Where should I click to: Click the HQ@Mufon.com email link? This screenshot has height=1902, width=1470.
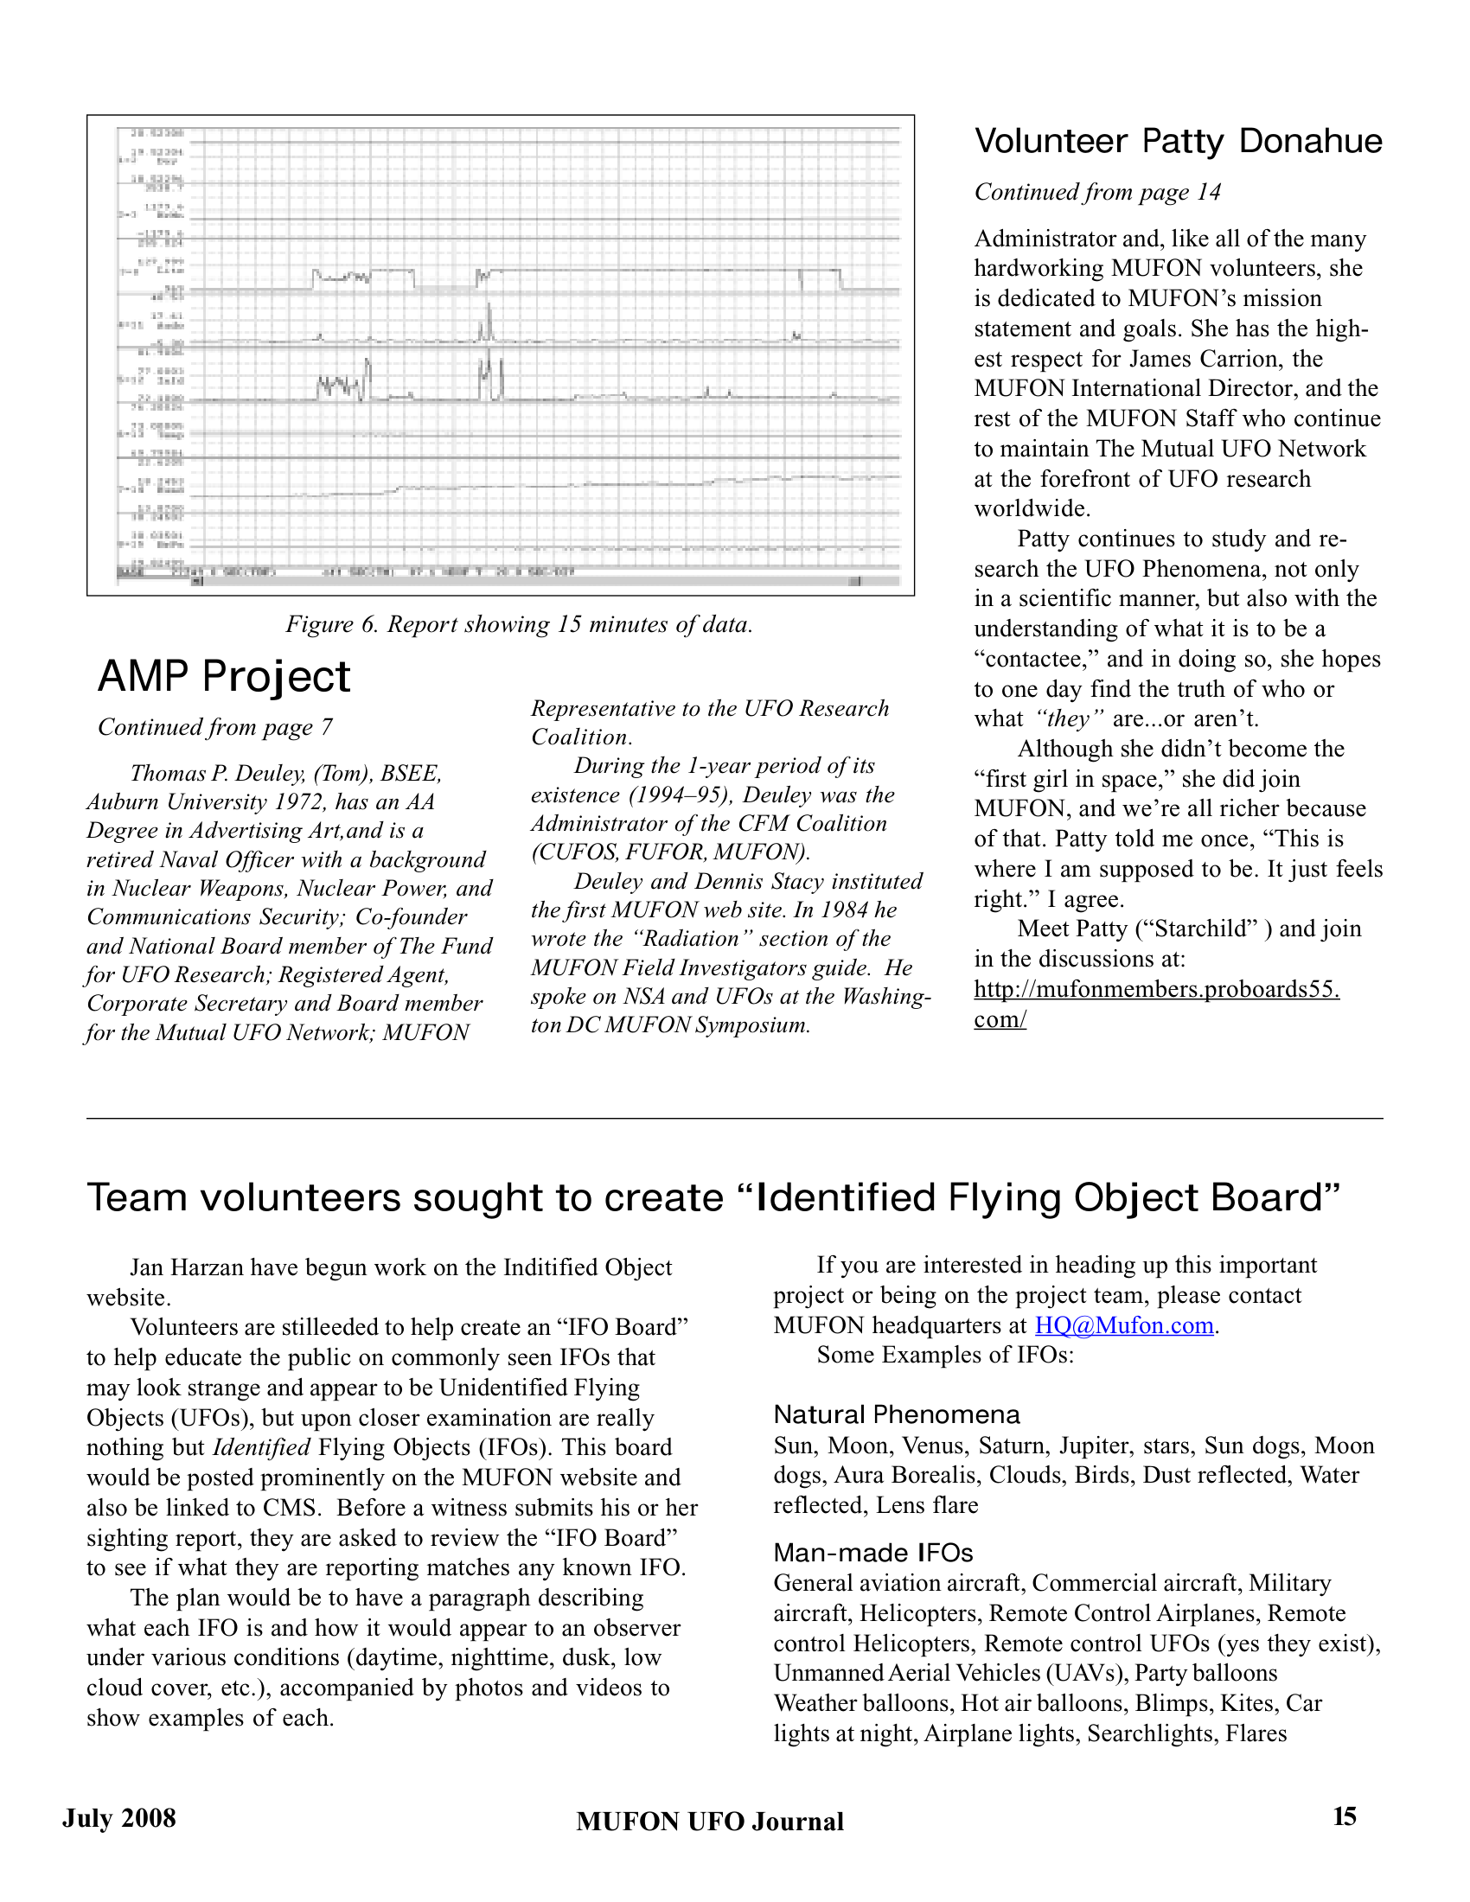1123,1325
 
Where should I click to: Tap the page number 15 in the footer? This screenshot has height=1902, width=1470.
1344,1816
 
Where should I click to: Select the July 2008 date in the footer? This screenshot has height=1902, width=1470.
118,1817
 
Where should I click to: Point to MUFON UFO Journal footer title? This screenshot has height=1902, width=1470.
710,1821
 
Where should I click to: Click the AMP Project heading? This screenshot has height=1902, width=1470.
224,677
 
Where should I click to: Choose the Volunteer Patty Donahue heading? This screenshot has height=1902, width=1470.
1178,141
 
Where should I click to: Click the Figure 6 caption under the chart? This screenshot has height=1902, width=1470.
519,624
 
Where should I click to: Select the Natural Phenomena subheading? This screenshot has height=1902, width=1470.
896,1414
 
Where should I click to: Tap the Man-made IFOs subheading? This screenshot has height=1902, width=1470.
872,1552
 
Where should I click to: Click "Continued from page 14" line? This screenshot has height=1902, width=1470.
1097,192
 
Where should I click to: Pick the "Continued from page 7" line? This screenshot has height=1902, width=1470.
215,727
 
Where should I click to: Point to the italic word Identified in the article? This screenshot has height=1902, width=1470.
261,1447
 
